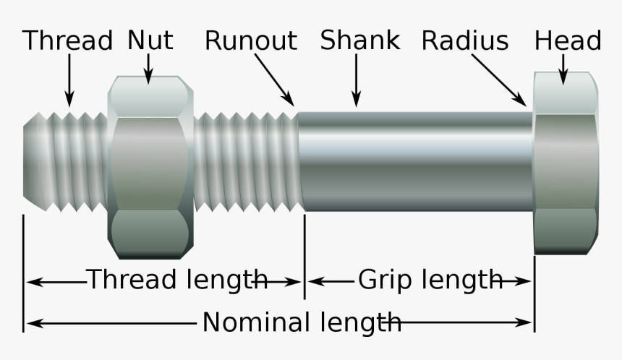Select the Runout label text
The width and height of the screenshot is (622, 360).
pos(250,40)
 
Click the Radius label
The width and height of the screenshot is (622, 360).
pos(465,40)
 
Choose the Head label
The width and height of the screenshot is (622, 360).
pos(567,40)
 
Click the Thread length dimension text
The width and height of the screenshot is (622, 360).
pos(177,278)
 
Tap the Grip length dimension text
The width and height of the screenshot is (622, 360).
pos(430,278)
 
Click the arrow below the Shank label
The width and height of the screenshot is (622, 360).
pos(356,81)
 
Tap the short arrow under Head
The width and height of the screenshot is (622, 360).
pos(563,69)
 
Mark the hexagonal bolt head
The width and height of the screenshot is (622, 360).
pos(566,163)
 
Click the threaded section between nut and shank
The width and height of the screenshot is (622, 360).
pos(246,163)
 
